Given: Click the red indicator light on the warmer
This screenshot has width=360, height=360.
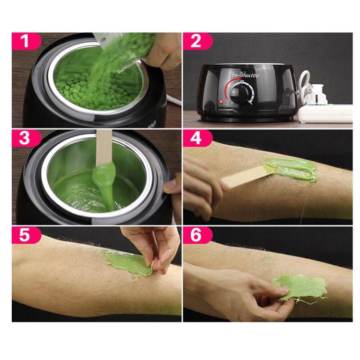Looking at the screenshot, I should tap(220, 102).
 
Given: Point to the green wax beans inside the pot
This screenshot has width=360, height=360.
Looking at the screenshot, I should tap(89, 89).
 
